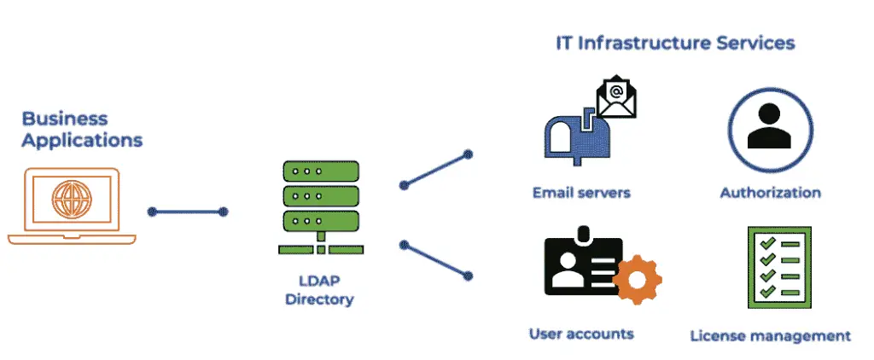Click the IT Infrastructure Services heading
674,42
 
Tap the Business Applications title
81,129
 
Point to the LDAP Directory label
319,290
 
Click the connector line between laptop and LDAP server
188,212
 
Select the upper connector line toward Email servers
435,170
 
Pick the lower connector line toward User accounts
435,259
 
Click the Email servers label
581,192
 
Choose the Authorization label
770,192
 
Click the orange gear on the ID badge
636,280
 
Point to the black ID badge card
580,264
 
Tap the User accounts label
581,333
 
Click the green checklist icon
778,267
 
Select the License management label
770,335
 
